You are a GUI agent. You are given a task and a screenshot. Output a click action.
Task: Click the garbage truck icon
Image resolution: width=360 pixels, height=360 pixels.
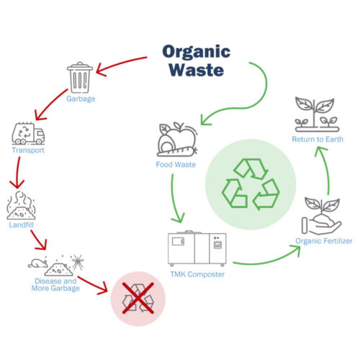[x=29, y=134]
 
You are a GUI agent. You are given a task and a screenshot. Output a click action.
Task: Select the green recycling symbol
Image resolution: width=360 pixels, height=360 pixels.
[x=250, y=183]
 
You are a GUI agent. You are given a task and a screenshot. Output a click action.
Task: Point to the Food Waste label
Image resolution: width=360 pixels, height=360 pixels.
[x=175, y=165]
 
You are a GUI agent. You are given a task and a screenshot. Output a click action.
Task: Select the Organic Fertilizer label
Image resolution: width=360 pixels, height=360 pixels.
[x=323, y=241]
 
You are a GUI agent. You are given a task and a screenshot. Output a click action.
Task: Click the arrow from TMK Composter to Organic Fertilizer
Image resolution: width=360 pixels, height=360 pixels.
[x=266, y=257]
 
